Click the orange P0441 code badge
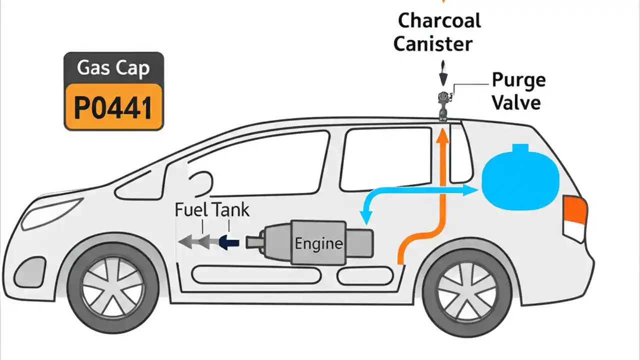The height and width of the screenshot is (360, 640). (113, 106)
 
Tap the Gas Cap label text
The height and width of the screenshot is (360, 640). (113, 67)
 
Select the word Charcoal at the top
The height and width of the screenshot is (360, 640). (439, 20)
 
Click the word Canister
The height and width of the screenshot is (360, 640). (432, 43)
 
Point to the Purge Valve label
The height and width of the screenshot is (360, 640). (517, 91)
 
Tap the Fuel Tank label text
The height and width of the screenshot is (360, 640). (212, 209)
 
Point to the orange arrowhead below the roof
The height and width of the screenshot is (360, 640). (442, 135)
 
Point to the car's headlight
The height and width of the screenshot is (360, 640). (52, 211)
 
